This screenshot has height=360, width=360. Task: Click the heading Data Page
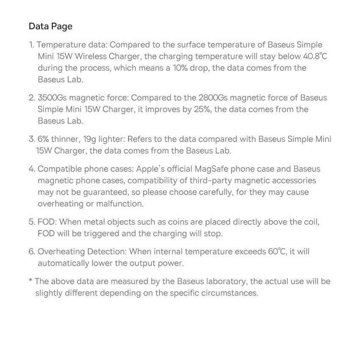[50, 26]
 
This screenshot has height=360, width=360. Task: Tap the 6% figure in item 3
[45, 139]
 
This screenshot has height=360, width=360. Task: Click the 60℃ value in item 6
[277, 252]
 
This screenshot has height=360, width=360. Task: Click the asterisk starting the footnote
[30, 280]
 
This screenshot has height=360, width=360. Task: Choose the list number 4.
[32, 169]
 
